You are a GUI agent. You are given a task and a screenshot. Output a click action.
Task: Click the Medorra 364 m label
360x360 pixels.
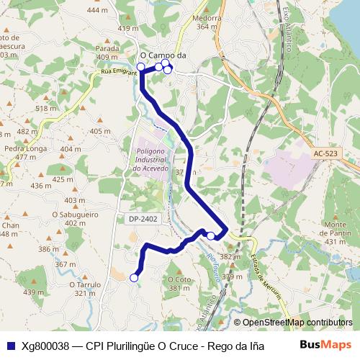tap(207, 22)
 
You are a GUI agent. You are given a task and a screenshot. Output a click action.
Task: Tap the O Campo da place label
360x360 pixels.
tap(163, 54)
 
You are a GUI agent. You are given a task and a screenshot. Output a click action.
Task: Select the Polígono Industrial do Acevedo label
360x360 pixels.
tap(150, 158)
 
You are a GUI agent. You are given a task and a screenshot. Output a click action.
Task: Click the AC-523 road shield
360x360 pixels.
tap(325, 153)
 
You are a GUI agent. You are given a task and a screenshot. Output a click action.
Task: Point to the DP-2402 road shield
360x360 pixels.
tap(143, 218)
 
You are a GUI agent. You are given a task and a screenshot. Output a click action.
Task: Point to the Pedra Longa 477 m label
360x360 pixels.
tap(20, 153)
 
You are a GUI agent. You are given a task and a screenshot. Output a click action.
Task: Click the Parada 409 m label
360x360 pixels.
tap(107, 53)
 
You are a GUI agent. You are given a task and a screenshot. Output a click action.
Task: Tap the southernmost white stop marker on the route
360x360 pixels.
tap(134, 278)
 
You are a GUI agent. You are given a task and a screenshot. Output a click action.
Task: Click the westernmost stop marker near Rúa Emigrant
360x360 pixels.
tap(141, 67)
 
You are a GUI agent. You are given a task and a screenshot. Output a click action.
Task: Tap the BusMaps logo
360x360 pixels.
tap(325, 346)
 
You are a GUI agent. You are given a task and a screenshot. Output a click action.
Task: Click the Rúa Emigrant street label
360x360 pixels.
tap(119, 73)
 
